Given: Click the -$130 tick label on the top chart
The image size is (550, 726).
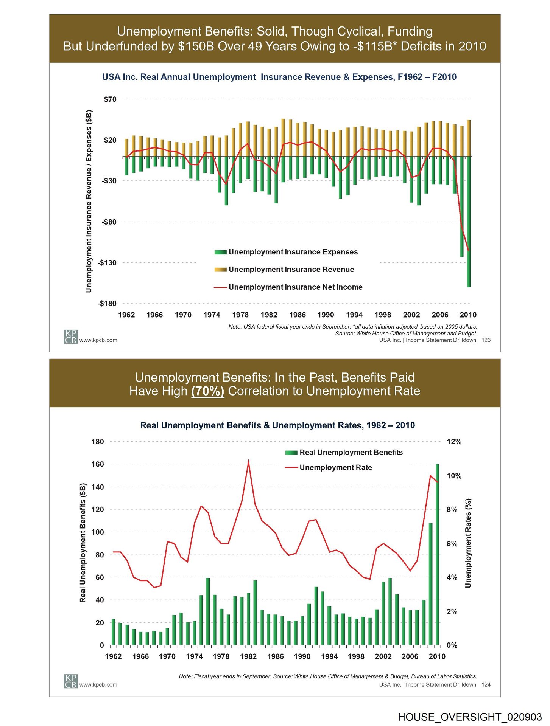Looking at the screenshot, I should (x=107, y=262).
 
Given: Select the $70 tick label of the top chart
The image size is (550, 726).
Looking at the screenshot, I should (x=110, y=99).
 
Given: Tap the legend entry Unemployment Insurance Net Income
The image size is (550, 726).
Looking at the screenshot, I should (x=295, y=287).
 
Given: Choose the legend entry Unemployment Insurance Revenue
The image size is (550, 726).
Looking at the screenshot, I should (x=291, y=270).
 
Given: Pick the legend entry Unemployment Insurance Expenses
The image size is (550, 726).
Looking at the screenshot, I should (x=293, y=252).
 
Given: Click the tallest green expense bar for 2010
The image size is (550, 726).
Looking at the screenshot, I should (x=469, y=227).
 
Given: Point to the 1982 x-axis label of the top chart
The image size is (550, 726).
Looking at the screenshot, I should (x=269, y=315).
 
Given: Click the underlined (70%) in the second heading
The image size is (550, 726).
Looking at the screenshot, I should (x=208, y=391).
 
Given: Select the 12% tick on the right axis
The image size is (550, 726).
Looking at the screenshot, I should (x=454, y=442).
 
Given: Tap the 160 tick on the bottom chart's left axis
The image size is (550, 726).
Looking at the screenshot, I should (x=98, y=464).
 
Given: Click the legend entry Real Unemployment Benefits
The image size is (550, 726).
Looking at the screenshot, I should (x=351, y=453).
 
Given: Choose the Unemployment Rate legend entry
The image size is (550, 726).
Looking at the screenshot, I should (x=335, y=468).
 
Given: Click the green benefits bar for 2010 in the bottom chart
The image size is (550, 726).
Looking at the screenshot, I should (x=437, y=556).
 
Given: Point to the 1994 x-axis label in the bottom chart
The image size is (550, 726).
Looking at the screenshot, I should (x=329, y=656).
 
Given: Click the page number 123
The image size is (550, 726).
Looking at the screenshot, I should (x=486, y=340).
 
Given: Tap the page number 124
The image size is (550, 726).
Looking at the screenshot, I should (x=486, y=685).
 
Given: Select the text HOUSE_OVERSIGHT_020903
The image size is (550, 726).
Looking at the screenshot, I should (x=470, y=717).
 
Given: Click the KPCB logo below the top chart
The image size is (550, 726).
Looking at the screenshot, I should (x=70, y=337).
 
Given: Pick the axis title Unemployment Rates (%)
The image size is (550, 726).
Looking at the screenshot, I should (x=468, y=543).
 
